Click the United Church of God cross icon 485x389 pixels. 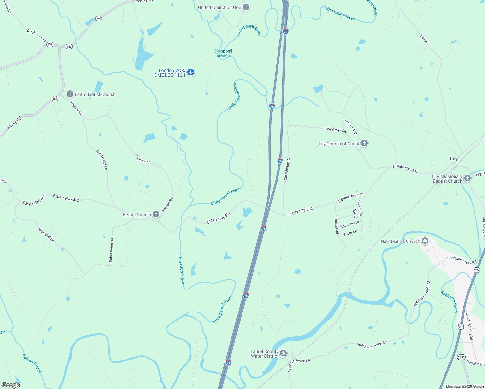pos(246,7)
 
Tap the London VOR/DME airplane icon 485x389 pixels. pos(191,72)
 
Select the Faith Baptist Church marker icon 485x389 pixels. pos(70,94)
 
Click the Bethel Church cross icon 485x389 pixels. pos(156,214)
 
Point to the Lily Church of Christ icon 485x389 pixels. pos(364,143)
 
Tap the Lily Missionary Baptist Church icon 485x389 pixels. pos(467,178)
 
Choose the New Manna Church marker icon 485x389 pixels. pos(425,241)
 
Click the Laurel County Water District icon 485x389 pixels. pos(283,353)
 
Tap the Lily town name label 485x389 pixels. pos(454,159)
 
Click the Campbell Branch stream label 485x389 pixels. pos(223,53)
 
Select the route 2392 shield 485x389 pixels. pos(461,357)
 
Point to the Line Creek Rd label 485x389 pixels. pos(335,130)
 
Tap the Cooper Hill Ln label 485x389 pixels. pos(102,160)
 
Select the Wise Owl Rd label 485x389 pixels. pos(46,235)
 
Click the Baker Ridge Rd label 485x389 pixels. pos(111,250)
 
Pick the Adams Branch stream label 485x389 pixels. pos(32,364)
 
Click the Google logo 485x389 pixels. pos(11,385)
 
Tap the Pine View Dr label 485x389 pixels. pos(349,224)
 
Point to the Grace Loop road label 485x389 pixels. pos(350,127)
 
